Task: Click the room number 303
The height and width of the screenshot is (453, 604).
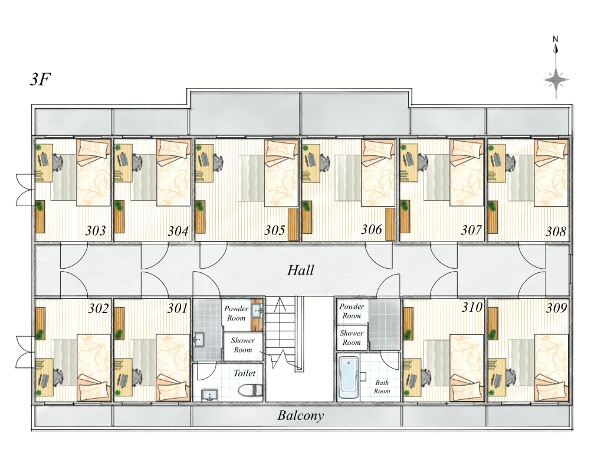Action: [x=95, y=231]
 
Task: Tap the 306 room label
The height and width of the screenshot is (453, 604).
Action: [x=372, y=230]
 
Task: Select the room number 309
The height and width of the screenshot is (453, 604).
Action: [x=556, y=308]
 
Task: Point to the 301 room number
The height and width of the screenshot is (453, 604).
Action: [x=177, y=308]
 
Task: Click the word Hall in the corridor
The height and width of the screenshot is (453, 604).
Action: [x=300, y=270]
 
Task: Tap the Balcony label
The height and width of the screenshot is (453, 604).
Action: [x=300, y=416]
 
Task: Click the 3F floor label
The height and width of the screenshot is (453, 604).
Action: [x=40, y=80]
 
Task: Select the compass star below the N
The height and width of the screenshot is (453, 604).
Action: [x=556, y=80]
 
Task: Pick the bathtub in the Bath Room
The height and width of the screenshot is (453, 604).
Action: [x=349, y=377]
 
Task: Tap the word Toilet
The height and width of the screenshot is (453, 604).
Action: [x=244, y=373]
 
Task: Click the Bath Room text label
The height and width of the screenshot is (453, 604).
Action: [x=382, y=387]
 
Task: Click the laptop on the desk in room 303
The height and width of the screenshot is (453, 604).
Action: [x=44, y=159]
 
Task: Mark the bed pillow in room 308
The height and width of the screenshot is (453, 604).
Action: [x=552, y=152]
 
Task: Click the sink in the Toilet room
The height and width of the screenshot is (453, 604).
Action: [x=209, y=395]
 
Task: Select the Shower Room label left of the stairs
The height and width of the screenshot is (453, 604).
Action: [x=242, y=345]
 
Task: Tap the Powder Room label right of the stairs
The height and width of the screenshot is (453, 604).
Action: [x=352, y=311]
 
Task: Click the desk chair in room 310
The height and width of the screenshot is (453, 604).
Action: [x=425, y=377]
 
